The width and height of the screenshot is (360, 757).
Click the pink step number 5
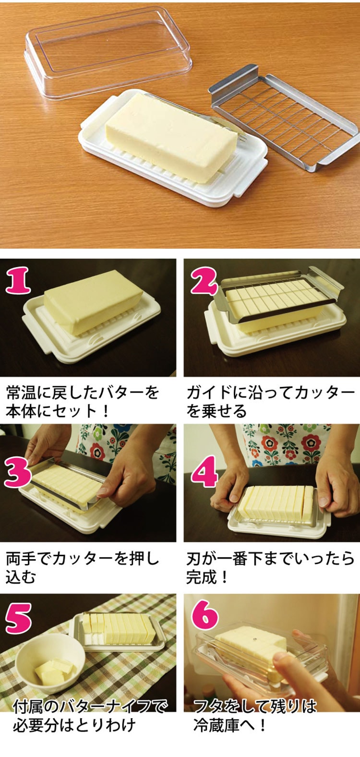18,618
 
